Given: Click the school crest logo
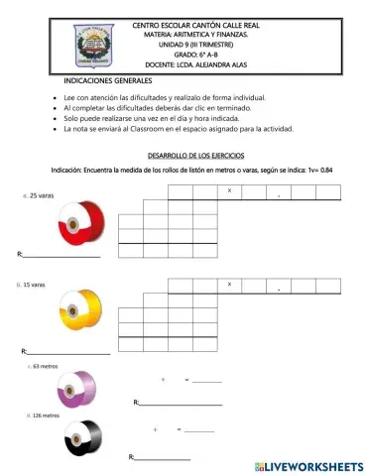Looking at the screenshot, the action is [78, 41].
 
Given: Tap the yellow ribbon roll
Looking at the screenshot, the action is [76, 308].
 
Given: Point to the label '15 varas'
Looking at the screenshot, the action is [33, 285].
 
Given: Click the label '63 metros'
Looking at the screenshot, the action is [46, 366].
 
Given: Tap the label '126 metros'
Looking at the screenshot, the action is [45, 416].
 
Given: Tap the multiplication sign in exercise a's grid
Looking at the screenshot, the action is [230, 189].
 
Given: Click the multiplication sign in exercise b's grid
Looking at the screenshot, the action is [230, 285].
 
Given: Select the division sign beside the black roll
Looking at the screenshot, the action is [156, 429].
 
